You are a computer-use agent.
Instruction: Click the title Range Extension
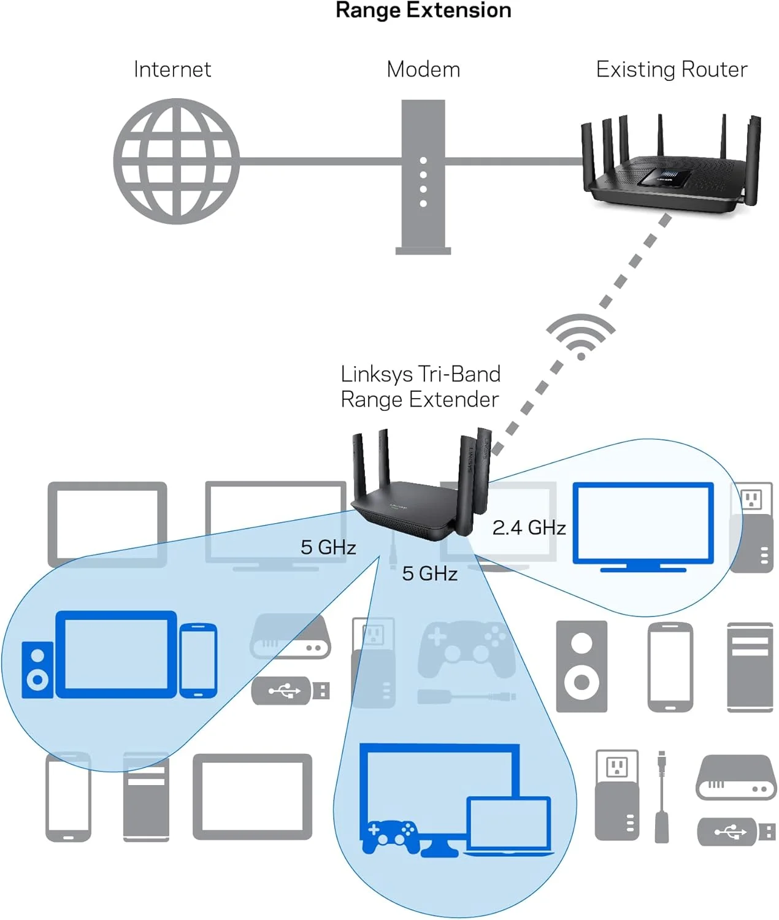point(423,10)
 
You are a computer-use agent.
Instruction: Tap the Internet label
point(172,69)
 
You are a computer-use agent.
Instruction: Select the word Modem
point(423,69)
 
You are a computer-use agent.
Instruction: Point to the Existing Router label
point(672,69)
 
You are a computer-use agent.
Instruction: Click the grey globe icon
point(177,161)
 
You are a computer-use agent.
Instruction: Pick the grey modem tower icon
point(423,178)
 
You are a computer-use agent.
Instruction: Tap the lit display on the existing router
point(664,178)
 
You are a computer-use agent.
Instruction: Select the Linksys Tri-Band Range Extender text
point(420,386)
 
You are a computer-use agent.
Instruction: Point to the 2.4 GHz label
point(529,527)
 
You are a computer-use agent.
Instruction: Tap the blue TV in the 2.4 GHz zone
point(643,526)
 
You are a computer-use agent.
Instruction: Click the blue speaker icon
point(37,670)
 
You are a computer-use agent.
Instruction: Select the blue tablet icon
point(116,654)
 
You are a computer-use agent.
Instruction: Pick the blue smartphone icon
point(198,661)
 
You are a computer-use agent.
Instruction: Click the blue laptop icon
point(508,825)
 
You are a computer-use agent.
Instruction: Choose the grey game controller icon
point(466,649)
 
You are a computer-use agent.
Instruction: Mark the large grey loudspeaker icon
point(581,667)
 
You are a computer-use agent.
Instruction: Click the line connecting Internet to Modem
point(319,161)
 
